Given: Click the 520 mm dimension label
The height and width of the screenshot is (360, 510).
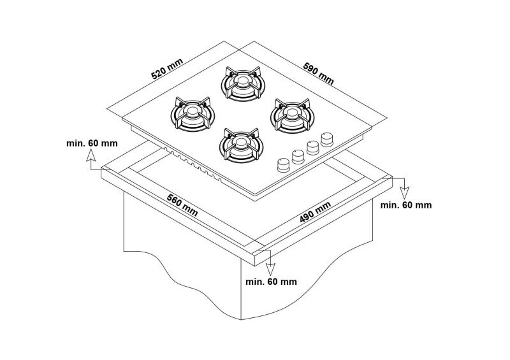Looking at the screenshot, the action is point(167,69).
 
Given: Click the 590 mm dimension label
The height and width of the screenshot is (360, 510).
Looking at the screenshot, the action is point(319,73).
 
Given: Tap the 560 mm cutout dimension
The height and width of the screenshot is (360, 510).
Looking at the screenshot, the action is point(182,205).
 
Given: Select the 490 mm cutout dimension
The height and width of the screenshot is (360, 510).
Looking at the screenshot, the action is point(315,212).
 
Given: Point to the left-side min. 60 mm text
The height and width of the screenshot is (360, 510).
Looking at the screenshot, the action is point(92,143).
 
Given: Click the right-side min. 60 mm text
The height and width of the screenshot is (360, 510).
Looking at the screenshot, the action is point(406,205).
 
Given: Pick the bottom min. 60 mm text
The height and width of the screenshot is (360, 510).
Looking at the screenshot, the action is point(272,281).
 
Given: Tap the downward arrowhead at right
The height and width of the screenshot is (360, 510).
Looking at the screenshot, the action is point(404,193).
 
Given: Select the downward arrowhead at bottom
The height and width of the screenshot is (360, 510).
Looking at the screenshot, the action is point(270,270).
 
